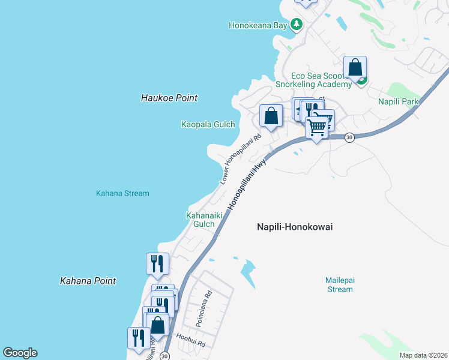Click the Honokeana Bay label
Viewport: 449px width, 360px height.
tap(258, 25)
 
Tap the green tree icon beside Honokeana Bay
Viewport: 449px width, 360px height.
tap(296, 25)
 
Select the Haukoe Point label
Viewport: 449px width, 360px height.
tap(169, 98)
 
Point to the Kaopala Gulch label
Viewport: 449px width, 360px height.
tap(208, 124)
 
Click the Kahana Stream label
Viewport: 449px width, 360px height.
tap(122, 193)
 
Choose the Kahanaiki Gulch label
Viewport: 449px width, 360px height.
tap(200, 219)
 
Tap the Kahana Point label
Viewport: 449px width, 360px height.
tap(88, 280)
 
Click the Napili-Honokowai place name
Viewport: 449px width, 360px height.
tap(295, 227)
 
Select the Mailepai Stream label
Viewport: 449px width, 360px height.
tap(339, 284)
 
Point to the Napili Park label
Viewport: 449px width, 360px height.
tap(399, 102)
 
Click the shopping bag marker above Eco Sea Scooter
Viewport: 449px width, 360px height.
tap(355, 68)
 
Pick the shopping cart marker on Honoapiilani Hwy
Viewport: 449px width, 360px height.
tap(317, 127)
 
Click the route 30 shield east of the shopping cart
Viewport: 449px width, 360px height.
tap(350, 137)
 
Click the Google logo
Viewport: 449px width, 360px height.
tap(20, 353)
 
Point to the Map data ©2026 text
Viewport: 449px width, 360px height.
tap(423, 355)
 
